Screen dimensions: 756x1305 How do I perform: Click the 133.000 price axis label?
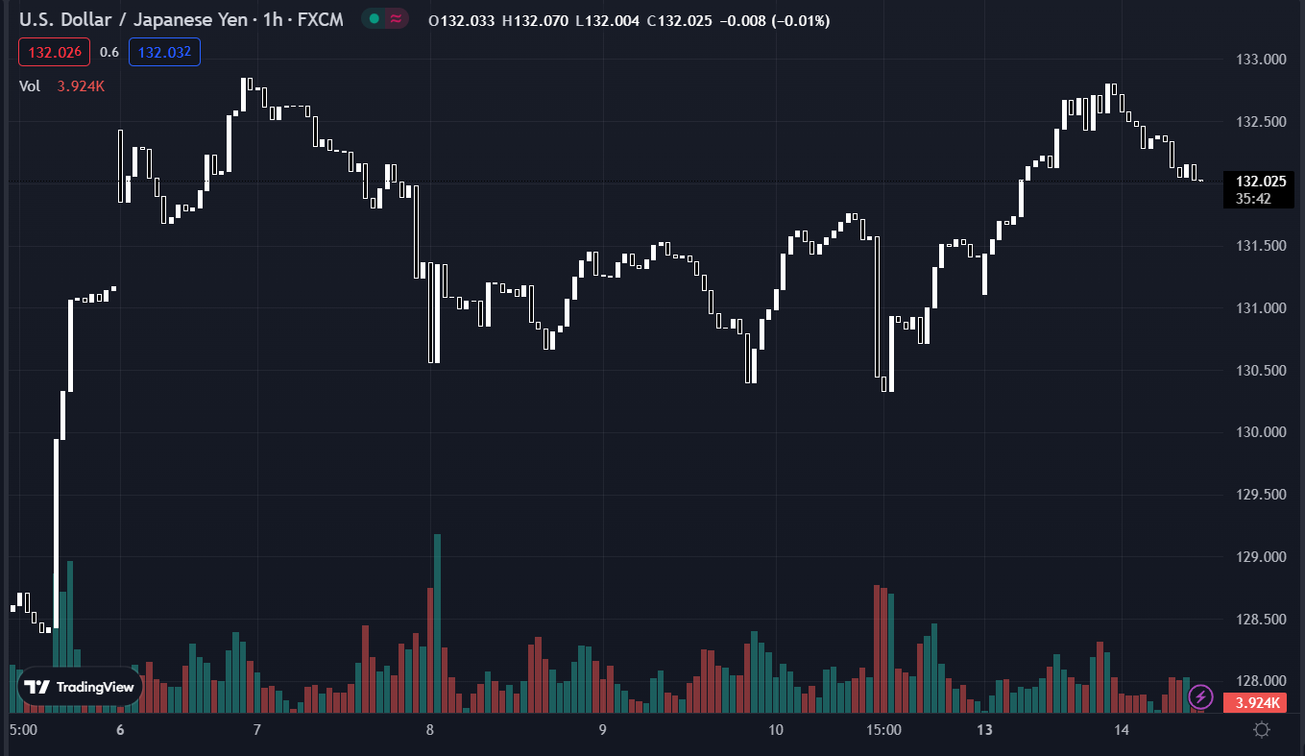(x=1260, y=60)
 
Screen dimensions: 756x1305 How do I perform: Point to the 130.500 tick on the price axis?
(x=1260, y=371)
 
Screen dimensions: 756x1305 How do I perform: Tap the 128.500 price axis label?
(x=1260, y=620)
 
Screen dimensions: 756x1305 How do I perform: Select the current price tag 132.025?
(x=1260, y=182)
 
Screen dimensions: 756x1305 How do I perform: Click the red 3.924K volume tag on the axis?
(x=1254, y=703)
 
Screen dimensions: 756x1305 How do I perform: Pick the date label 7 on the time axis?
(x=257, y=730)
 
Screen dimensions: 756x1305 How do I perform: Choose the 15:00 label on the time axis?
(x=883, y=730)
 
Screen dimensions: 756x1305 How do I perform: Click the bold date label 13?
(x=984, y=730)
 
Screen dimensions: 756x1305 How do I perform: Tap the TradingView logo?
(x=80, y=687)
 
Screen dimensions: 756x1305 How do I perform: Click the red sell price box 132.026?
(x=54, y=52)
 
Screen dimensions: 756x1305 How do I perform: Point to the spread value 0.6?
(x=109, y=52)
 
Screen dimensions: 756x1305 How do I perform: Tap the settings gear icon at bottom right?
(x=1262, y=730)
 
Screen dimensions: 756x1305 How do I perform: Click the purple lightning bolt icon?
(x=1200, y=695)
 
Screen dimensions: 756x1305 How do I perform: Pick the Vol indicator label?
(x=30, y=85)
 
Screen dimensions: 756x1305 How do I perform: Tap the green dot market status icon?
(x=374, y=19)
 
